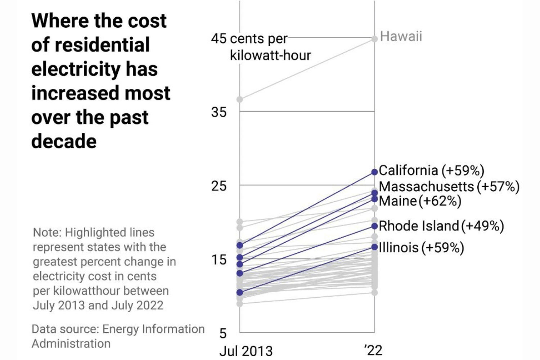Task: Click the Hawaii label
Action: pyautogui.click(x=401, y=36)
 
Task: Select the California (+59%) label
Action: pyautogui.click(x=431, y=170)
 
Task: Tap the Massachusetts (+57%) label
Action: pyautogui.click(x=449, y=186)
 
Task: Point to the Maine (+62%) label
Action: pyautogui.click(x=420, y=201)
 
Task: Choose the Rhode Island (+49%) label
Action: pyautogui.click(x=441, y=226)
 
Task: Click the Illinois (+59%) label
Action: pyautogui.click(x=421, y=248)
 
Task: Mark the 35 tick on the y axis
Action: pyautogui.click(x=219, y=112)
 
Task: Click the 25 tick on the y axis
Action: pyautogui.click(x=219, y=186)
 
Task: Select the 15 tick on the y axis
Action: pyautogui.click(x=219, y=260)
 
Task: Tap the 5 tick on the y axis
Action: pyautogui.click(x=223, y=333)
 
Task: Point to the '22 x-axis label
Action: pyautogui.click(x=373, y=350)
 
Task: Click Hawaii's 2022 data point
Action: pyautogui.click(x=374, y=39)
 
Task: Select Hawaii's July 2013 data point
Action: pyautogui.click(x=240, y=99)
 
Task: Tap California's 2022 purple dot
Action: pyautogui.click(x=374, y=172)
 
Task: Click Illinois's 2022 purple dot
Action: pyautogui.click(x=374, y=247)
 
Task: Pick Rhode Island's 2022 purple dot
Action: pyautogui.click(x=374, y=226)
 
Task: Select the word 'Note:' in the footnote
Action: pyautogui.click(x=47, y=233)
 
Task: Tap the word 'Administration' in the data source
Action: pyautogui.click(x=71, y=343)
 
